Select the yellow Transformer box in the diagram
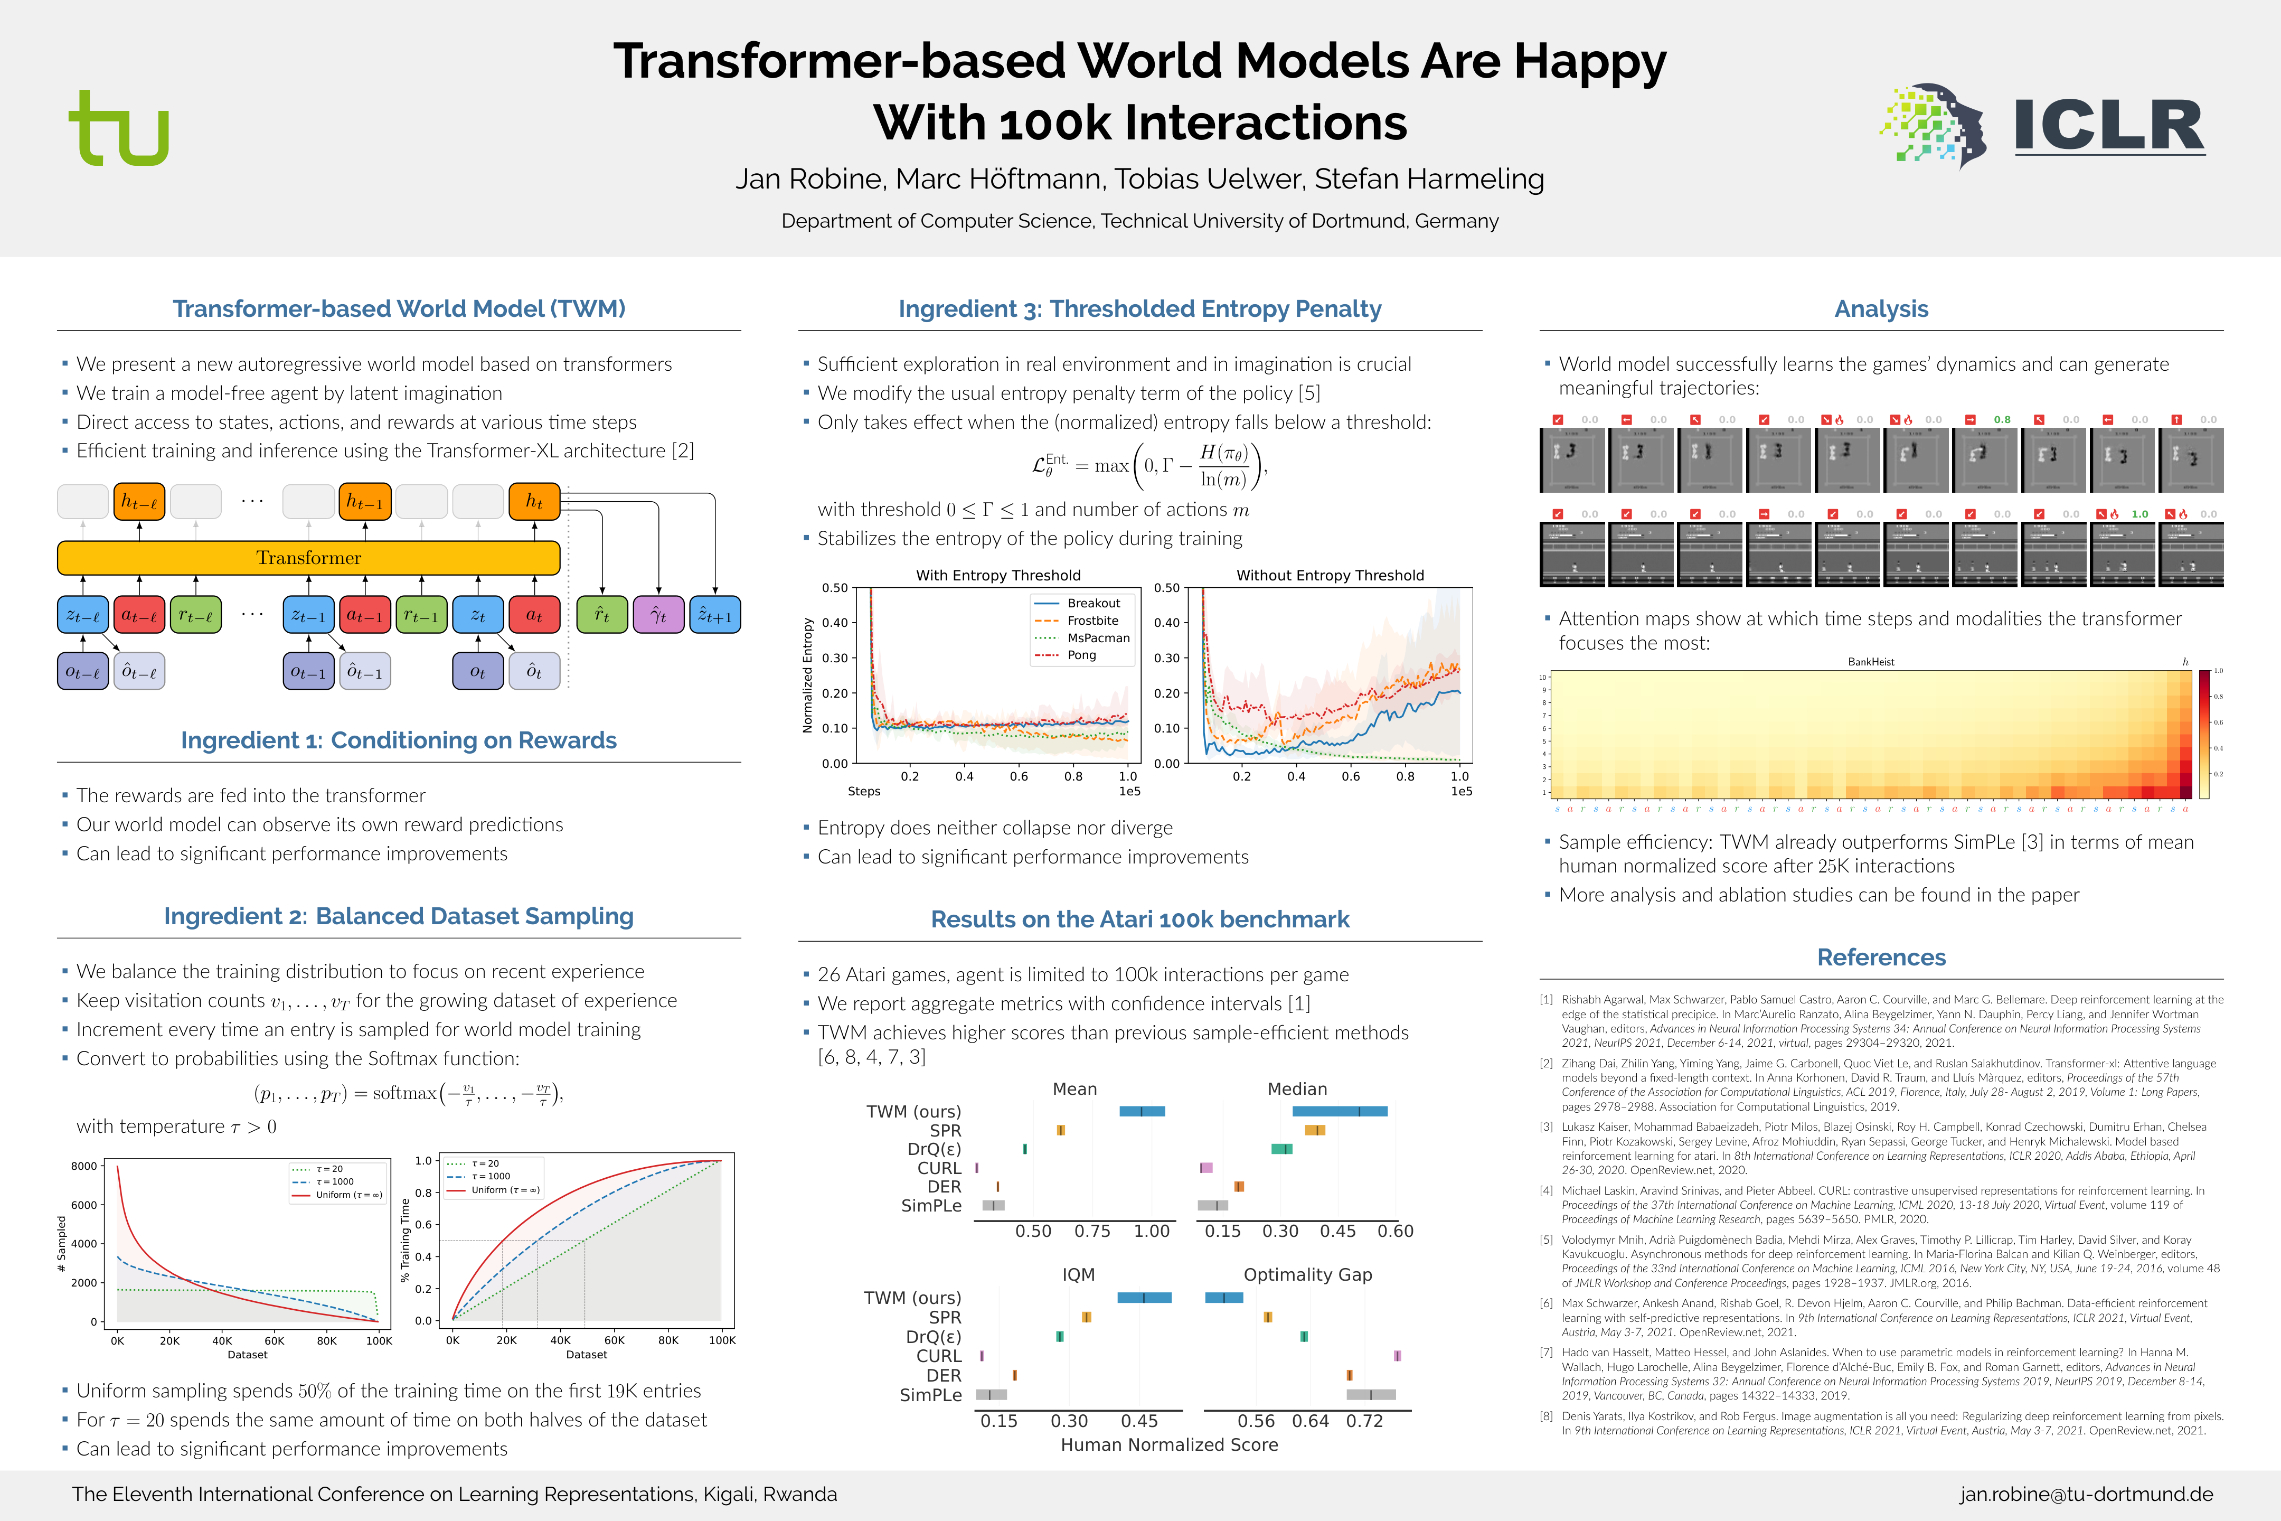click(x=308, y=558)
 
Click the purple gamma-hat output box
click(x=658, y=615)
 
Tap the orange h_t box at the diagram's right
click(x=534, y=502)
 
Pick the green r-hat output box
click(x=601, y=615)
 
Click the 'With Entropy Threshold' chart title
click(x=998, y=575)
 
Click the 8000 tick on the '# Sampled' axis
click(x=84, y=1166)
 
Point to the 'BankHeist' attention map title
click(x=1871, y=662)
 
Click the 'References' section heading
click(x=1880, y=957)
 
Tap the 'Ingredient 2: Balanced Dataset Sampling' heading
click(x=399, y=917)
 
